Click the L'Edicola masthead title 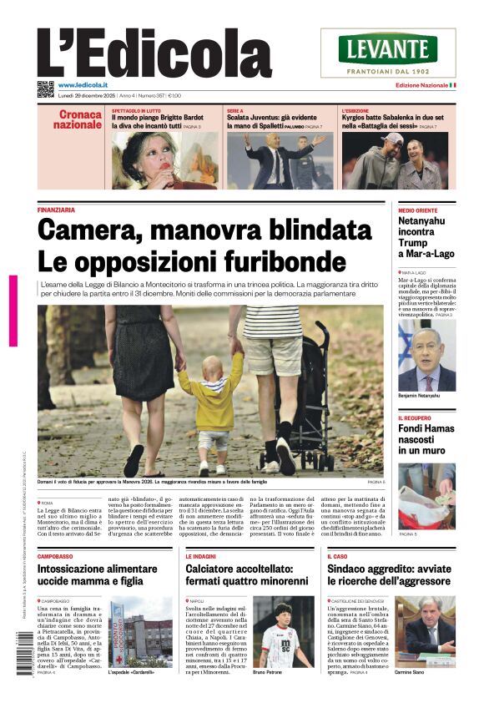(154, 52)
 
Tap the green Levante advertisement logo (388, 49)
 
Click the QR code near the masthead (45, 89)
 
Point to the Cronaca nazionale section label (78, 119)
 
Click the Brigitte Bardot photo (164, 160)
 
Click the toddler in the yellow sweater (212, 404)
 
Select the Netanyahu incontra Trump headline (426, 237)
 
